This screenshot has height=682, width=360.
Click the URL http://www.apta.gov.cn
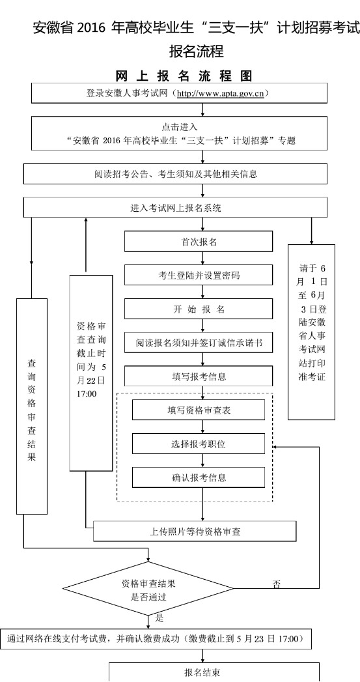(x=221, y=94)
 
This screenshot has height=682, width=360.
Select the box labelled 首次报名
(x=199, y=242)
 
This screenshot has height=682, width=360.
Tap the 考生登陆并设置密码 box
(x=199, y=276)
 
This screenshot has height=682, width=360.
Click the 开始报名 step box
(x=199, y=309)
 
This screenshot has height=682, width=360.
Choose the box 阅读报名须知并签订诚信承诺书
(x=199, y=343)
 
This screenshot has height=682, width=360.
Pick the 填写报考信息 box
(x=199, y=377)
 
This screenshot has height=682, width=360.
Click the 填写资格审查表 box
(x=199, y=410)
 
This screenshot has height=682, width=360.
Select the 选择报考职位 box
(x=199, y=444)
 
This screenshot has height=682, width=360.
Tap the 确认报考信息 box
(x=199, y=477)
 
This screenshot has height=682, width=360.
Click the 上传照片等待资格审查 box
(x=195, y=531)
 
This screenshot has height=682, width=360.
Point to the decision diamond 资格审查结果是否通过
(x=148, y=589)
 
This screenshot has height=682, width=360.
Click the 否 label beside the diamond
(x=276, y=584)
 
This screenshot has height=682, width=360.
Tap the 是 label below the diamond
(x=159, y=618)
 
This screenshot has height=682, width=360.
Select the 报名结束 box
(x=214, y=672)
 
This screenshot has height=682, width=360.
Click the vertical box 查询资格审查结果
(x=32, y=406)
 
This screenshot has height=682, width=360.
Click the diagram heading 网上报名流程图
(x=184, y=76)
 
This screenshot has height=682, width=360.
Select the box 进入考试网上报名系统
(x=175, y=208)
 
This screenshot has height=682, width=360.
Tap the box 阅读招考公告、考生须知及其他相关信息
(x=175, y=174)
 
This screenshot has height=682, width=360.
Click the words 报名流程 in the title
(x=197, y=51)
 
